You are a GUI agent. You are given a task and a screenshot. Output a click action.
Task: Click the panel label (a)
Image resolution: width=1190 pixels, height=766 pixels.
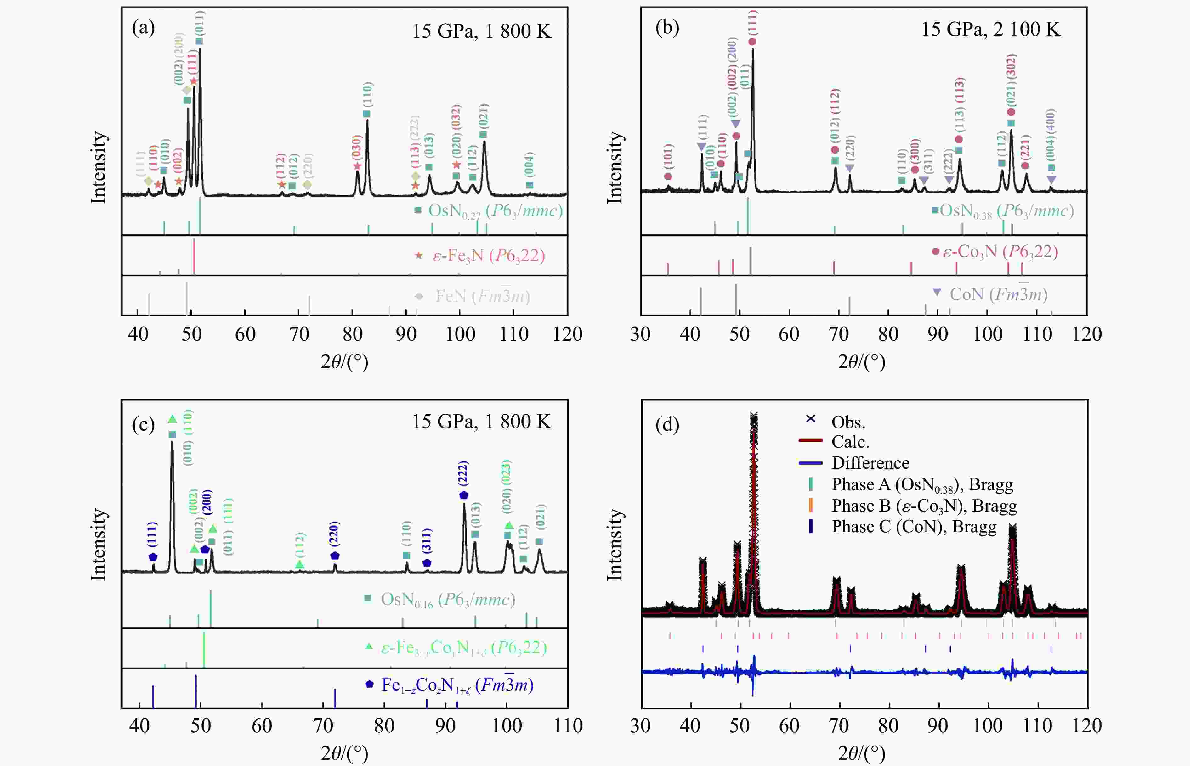click(143, 28)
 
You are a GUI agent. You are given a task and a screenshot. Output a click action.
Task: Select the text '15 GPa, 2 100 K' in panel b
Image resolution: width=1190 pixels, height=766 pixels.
click(990, 30)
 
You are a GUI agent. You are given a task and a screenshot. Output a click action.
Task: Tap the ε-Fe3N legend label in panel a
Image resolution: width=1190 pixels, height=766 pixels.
click(489, 256)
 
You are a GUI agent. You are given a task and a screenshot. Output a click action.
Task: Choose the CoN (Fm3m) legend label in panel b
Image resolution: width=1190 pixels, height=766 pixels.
click(998, 294)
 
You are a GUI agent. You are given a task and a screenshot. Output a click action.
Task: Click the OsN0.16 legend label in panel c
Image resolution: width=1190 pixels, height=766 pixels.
click(447, 600)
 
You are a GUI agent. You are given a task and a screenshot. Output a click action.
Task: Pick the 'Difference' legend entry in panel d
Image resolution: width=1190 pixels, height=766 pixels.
click(870, 463)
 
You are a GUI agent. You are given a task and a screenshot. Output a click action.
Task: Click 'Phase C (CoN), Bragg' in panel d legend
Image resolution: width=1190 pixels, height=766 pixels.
click(914, 526)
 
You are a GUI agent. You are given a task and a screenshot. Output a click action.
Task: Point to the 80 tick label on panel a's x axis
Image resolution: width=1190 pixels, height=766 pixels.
click(352, 334)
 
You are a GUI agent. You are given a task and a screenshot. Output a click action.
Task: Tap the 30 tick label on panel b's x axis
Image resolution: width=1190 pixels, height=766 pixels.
click(641, 334)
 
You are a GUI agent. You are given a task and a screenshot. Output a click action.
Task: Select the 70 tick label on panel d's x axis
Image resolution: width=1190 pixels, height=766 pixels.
click(839, 726)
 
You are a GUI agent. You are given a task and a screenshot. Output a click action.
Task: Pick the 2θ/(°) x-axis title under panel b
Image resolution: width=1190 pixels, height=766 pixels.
click(862, 362)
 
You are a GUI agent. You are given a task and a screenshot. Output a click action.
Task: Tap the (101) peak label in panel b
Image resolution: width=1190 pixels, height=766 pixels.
click(668, 156)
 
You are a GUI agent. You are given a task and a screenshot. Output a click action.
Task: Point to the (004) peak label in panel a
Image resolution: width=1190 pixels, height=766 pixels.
click(530, 165)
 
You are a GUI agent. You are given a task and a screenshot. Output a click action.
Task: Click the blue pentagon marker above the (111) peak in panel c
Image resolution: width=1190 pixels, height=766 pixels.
click(153, 557)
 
